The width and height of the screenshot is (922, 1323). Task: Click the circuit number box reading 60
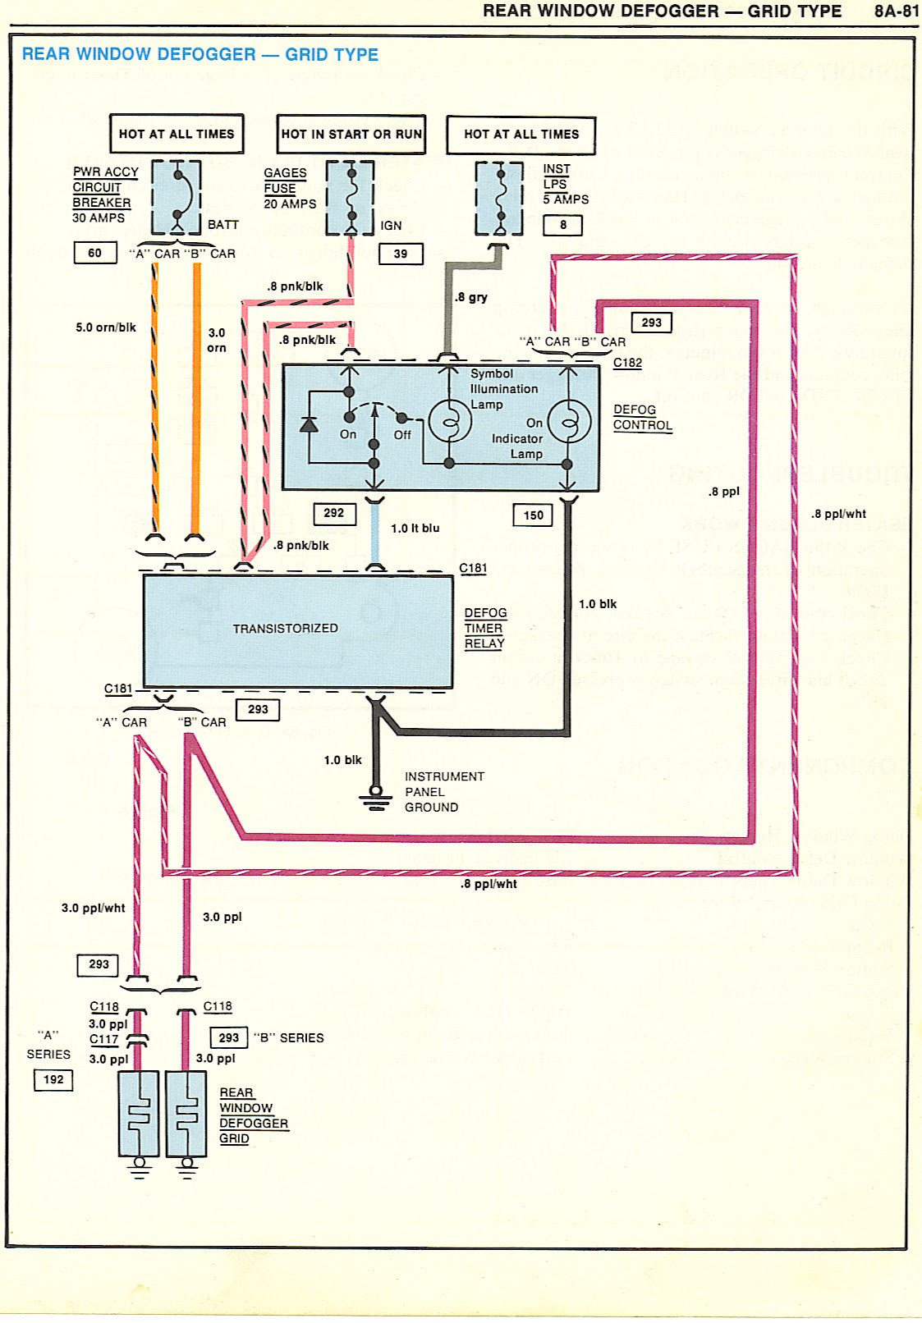click(95, 253)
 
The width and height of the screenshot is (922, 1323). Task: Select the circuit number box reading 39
click(401, 254)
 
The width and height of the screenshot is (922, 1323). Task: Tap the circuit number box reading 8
click(563, 225)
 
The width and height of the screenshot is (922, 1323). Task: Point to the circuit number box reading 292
click(334, 514)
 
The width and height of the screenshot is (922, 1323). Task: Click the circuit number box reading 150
click(534, 515)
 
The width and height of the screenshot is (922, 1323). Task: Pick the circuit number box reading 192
click(54, 1080)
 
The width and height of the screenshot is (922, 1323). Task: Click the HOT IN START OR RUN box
click(351, 135)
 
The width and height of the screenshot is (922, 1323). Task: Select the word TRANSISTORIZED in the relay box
click(285, 629)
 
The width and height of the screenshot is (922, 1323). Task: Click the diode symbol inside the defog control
click(310, 424)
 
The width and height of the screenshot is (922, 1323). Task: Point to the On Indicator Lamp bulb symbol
click(569, 423)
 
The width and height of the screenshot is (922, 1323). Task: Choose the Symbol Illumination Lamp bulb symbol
click(450, 423)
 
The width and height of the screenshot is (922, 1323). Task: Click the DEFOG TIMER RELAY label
click(485, 629)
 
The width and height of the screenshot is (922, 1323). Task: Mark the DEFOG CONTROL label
click(642, 418)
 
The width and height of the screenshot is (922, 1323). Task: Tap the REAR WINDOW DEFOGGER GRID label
click(253, 1115)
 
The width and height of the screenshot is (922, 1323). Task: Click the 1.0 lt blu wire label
click(415, 529)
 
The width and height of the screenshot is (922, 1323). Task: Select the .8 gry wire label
click(471, 297)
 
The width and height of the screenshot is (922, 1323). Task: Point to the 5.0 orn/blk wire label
click(106, 327)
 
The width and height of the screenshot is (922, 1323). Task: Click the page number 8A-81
click(897, 11)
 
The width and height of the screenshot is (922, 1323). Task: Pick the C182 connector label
click(628, 363)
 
